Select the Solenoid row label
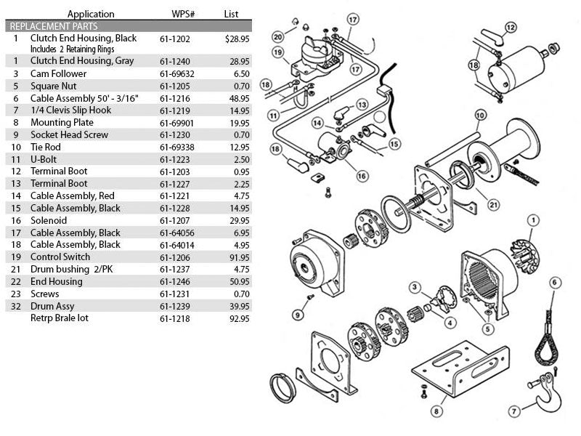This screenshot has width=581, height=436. tap(48, 220)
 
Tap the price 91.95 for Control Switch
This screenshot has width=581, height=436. tap(239, 257)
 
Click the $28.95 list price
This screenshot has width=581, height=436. tap(237, 37)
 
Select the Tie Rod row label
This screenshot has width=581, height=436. tap(45, 147)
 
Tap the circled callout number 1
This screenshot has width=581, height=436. tap(533, 219)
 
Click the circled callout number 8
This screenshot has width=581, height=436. tap(436, 411)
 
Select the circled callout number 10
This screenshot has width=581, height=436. tap(479, 115)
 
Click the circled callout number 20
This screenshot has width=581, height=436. tap(277, 36)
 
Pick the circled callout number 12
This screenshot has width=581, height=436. tap(511, 27)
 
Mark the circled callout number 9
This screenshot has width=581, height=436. tap(298, 315)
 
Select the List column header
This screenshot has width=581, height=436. tap(231, 13)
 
